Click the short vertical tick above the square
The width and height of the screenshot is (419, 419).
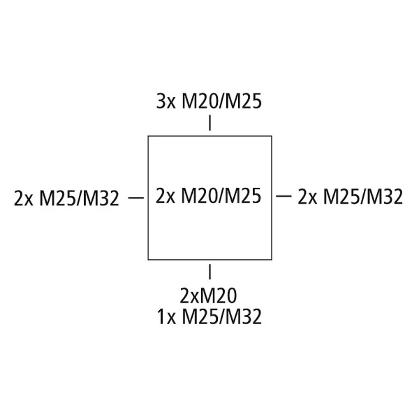point(209,123)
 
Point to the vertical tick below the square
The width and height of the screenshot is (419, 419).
point(209,272)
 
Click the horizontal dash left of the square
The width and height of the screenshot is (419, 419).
point(136,198)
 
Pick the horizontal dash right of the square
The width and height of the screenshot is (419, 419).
point(284,196)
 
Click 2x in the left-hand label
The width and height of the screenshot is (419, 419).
point(24,198)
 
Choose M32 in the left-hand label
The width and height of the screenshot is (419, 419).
point(101,198)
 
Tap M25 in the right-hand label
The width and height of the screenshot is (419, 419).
point(341,197)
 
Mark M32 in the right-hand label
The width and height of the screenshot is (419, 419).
point(385,197)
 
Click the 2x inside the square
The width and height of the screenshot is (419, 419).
point(166,196)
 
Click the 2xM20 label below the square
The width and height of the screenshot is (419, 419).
point(208,296)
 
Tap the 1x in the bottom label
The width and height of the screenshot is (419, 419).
point(166,316)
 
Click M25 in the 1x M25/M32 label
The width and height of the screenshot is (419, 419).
point(199,316)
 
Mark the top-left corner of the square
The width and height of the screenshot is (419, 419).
point(148,136)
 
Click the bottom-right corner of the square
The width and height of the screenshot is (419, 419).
point(272,260)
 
